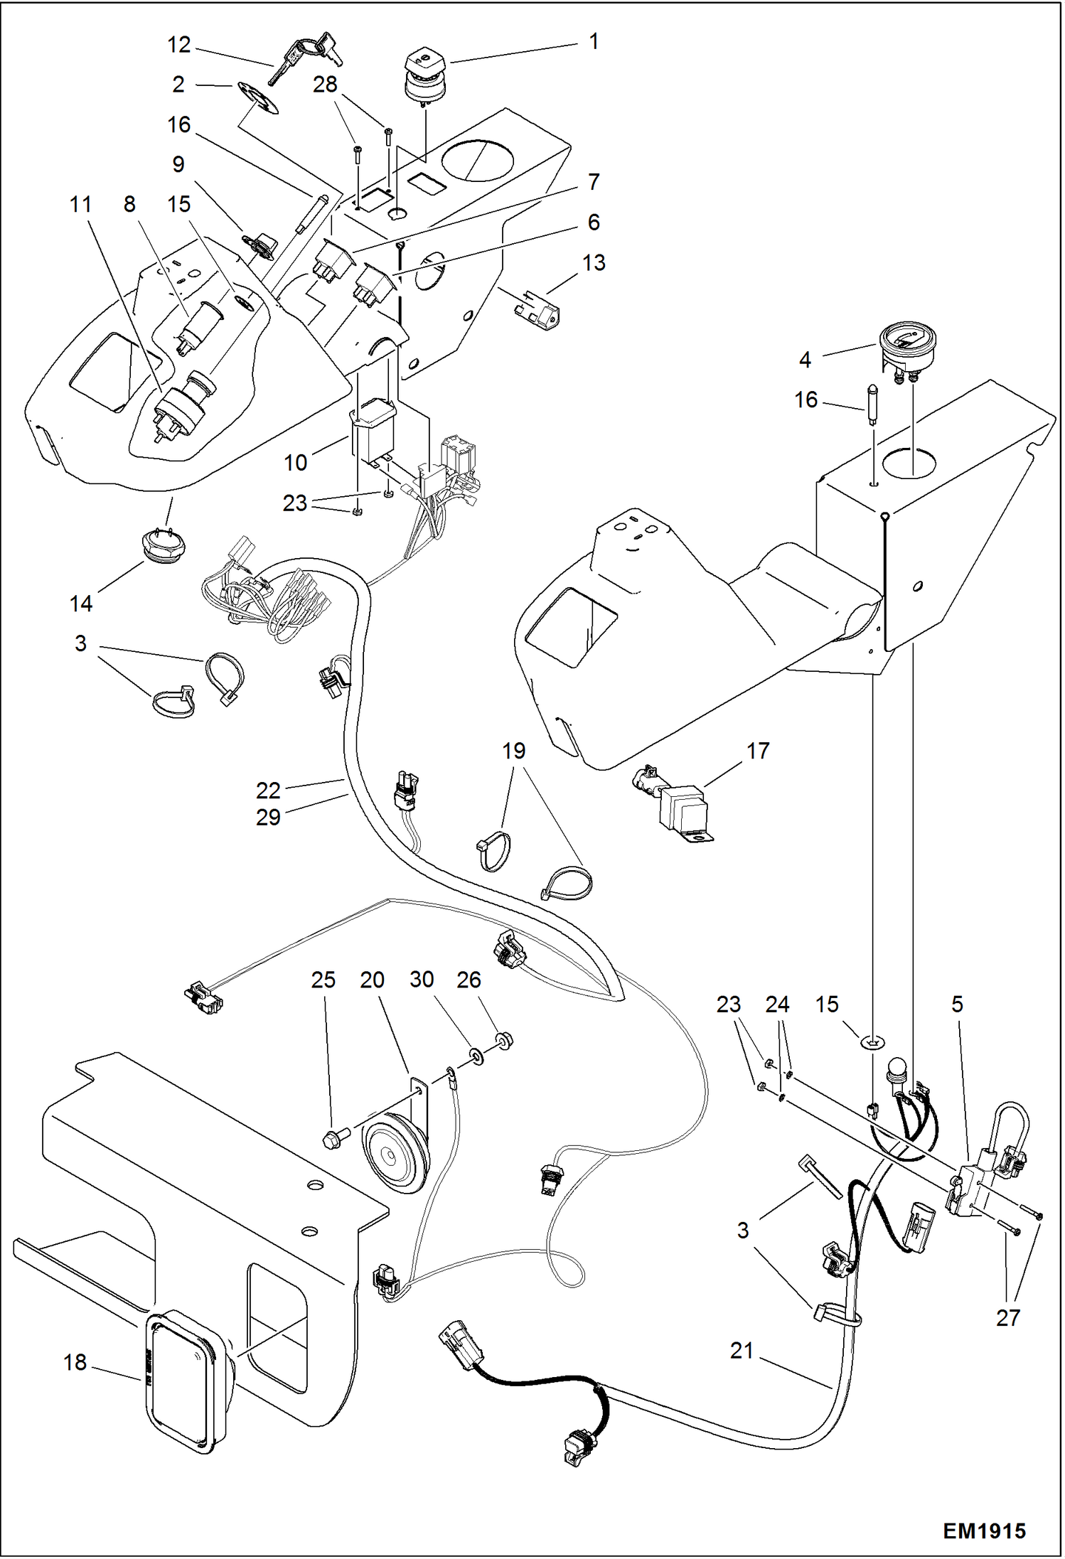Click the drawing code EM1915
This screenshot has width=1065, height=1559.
[x=984, y=1530]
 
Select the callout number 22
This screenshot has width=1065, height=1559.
[x=268, y=790]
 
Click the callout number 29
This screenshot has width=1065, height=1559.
[x=268, y=817]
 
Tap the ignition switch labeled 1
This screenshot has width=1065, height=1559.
[x=426, y=77]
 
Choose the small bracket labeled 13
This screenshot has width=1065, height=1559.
[x=538, y=309]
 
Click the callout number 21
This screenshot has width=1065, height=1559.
[x=741, y=1350]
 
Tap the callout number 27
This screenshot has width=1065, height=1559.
[x=1007, y=1317]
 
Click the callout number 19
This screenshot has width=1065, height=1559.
[x=513, y=751]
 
